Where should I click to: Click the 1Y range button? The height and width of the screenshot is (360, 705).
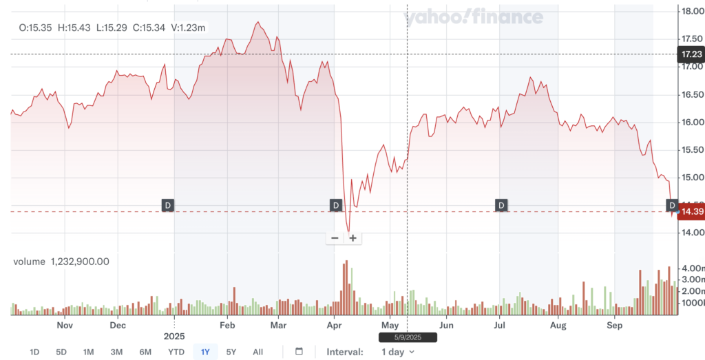coord(204,352)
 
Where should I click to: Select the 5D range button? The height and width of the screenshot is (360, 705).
coord(61,352)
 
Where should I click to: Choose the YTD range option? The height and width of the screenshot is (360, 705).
coord(176,352)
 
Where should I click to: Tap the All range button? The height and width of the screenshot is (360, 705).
coord(257,352)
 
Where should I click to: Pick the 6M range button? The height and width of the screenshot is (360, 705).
coord(145,352)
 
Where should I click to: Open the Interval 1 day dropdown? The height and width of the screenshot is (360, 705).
coord(398,352)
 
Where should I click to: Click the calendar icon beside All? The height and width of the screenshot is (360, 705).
coord(299,352)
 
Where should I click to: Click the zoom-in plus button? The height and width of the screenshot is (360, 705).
coord(352,238)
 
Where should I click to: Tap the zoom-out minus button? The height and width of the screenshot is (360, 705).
coord(335,238)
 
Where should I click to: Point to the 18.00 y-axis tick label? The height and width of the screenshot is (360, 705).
coord(691,11)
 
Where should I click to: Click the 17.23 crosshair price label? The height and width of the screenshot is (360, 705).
coord(691,54)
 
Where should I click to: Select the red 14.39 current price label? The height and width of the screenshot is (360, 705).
coord(691,211)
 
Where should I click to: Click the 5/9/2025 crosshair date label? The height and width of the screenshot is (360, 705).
coord(408,337)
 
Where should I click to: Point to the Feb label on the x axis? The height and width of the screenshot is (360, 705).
coord(227,324)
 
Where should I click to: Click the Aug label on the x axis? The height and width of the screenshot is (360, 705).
coord(558,324)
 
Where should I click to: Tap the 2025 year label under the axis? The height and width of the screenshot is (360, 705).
coord(175,336)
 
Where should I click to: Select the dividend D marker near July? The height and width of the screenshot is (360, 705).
coord(501,205)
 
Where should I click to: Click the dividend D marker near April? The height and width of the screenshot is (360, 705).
coord(336,205)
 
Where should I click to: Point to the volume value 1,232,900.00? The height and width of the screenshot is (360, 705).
coord(80,262)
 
